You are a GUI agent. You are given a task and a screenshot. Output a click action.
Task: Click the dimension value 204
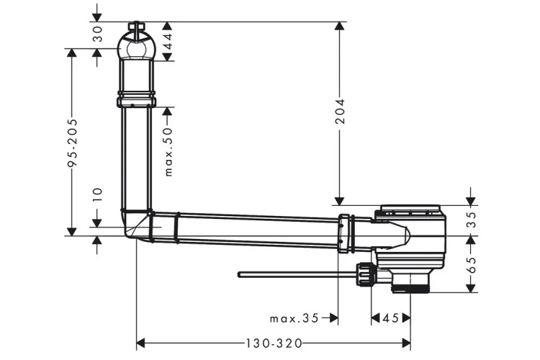pyautogui.click(x=341, y=111)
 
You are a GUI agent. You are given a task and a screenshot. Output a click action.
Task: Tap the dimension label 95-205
pyautogui.click(x=72, y=143)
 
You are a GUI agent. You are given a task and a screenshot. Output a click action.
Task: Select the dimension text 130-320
pyautogui.click(x=274, y=343)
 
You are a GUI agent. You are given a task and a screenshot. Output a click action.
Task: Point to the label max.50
pyautogui.click(x=168, y=152)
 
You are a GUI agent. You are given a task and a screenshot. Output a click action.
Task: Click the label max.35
pyautogui.click(x=294, y=318)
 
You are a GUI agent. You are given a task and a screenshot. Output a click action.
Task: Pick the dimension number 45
pyautogui.click(x=390, y=318)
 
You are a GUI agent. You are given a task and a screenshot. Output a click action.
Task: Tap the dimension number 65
pyautogui.click(x=472, y=264)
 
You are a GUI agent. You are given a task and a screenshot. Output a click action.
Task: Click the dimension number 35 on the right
pyautogui.click(x=472, y=220)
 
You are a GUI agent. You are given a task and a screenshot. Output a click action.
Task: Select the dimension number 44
pyautogui.click(x=167, y=41)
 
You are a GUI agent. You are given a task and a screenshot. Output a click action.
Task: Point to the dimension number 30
pyautogui.click(x=98, y=34)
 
